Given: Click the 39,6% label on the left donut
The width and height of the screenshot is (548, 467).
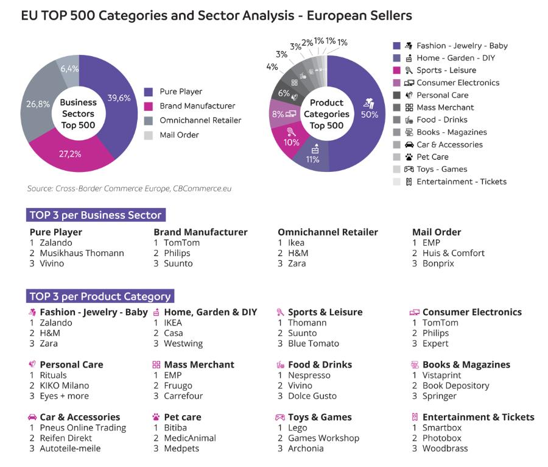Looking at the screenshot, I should click(x=119, y=98).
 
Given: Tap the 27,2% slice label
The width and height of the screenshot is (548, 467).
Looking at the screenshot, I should click(x=70, y=154).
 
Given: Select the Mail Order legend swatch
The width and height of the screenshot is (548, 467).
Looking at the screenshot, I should click(x=148, y=135).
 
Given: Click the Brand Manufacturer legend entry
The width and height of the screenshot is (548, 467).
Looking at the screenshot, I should click(x=197, y=106).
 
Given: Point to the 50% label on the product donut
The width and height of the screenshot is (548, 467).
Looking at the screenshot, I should click(x=369, y=114).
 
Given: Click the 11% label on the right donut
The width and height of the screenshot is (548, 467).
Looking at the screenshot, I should click(x=312, y=159).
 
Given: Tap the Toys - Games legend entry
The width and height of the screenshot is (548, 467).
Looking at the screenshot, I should click(x=441, y=169).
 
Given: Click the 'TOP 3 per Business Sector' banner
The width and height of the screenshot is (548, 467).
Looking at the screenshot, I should click(x=96, y=215).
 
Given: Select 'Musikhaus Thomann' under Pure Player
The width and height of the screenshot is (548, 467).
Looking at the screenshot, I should click(x=82, y=253).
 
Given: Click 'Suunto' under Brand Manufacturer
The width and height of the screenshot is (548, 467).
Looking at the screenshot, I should click(x=178, y=263).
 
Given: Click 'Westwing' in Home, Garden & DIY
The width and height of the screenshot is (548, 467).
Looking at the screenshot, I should click(x=183, y=343).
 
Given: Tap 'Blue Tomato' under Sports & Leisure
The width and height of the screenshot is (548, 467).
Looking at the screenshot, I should click(x=313, y=343).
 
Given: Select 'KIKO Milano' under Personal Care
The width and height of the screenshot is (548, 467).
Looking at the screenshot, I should click(x=64, y=385).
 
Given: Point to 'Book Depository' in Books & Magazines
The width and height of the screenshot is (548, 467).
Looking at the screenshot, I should click(x=455, y=385).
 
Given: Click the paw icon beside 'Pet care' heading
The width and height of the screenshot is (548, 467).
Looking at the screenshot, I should click(x=156, y=418).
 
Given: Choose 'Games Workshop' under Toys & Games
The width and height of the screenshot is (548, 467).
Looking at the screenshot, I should click(x=323, y=438).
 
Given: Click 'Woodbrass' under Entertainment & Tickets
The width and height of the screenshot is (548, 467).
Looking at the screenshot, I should click(x=445, y=448).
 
